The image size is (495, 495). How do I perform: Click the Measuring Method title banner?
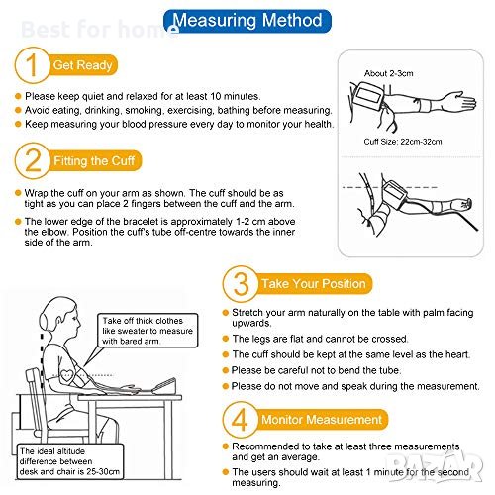point(247,21)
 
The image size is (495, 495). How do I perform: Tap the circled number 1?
point(32,65)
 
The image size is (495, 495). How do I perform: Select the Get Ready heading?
point(83,65)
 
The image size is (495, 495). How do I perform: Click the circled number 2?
point(33,160)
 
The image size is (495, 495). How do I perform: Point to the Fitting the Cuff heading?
point(94,161)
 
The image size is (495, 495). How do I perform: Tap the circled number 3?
point(241,284)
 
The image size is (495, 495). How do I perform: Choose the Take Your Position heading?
point(314,284)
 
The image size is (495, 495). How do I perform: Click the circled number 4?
point(241,420)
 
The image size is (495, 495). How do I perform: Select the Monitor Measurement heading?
point(322,420)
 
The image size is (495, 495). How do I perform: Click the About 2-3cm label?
point(389,73)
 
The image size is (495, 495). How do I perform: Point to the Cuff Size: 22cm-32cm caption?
point(403,142)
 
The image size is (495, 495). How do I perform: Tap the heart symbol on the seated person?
point(67,375)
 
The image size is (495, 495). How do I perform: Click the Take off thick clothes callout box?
point(148,331)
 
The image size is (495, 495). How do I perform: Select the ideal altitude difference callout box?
point(70,461)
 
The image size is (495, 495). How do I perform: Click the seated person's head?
point(60,320)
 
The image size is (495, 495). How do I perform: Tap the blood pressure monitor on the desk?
point(164,386)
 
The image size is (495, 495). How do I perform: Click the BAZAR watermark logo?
point(436,465)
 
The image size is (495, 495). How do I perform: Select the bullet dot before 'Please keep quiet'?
point(18,96)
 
